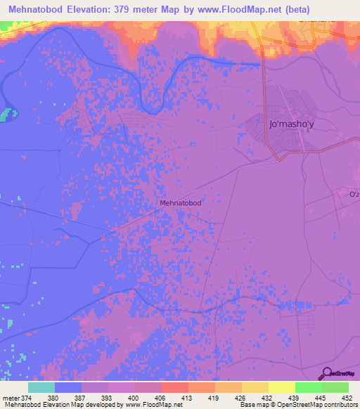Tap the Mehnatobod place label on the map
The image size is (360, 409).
(181, 203)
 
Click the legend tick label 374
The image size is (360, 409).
(27, 397)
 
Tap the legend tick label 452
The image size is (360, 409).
(348, 397)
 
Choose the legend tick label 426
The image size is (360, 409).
(241, 397)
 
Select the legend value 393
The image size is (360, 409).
(108, 397)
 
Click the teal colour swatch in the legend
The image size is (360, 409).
(41, 387)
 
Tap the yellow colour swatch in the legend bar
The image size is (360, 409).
(281, 387)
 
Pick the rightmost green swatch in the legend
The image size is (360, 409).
(335, 387)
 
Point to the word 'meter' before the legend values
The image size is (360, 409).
(10, 397)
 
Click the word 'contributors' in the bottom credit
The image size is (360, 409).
(340, 405)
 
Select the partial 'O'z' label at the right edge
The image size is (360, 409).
(354, 194)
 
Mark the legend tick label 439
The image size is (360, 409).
(295, 397)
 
